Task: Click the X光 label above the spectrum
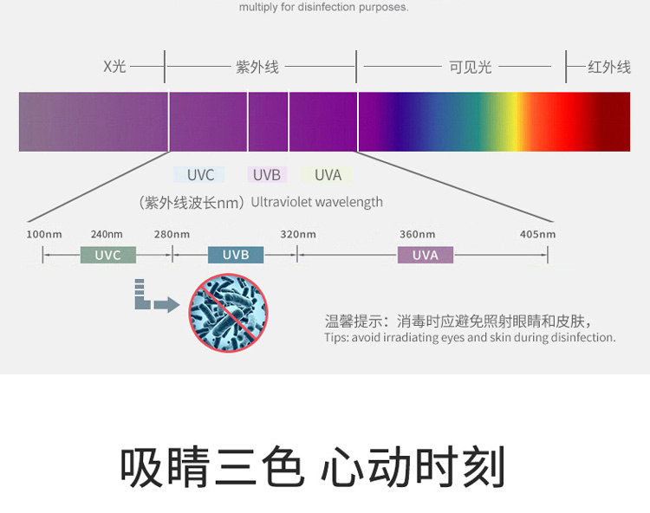114,67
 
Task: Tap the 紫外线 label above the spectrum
257,67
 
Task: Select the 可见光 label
471,67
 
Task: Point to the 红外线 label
609,67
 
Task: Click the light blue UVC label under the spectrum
200,175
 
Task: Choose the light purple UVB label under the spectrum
266,175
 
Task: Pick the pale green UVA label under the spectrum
328,175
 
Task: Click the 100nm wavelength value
44,234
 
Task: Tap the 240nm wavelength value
107,234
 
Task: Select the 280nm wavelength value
172,234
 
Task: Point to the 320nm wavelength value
297,234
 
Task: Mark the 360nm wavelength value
417,234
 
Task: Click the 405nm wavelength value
537,234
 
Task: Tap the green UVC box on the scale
108,255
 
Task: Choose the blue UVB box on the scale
236,255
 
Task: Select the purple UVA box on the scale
426,255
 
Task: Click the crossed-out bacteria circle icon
228,313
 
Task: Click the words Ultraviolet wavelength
316,202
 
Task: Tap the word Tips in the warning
336,338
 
